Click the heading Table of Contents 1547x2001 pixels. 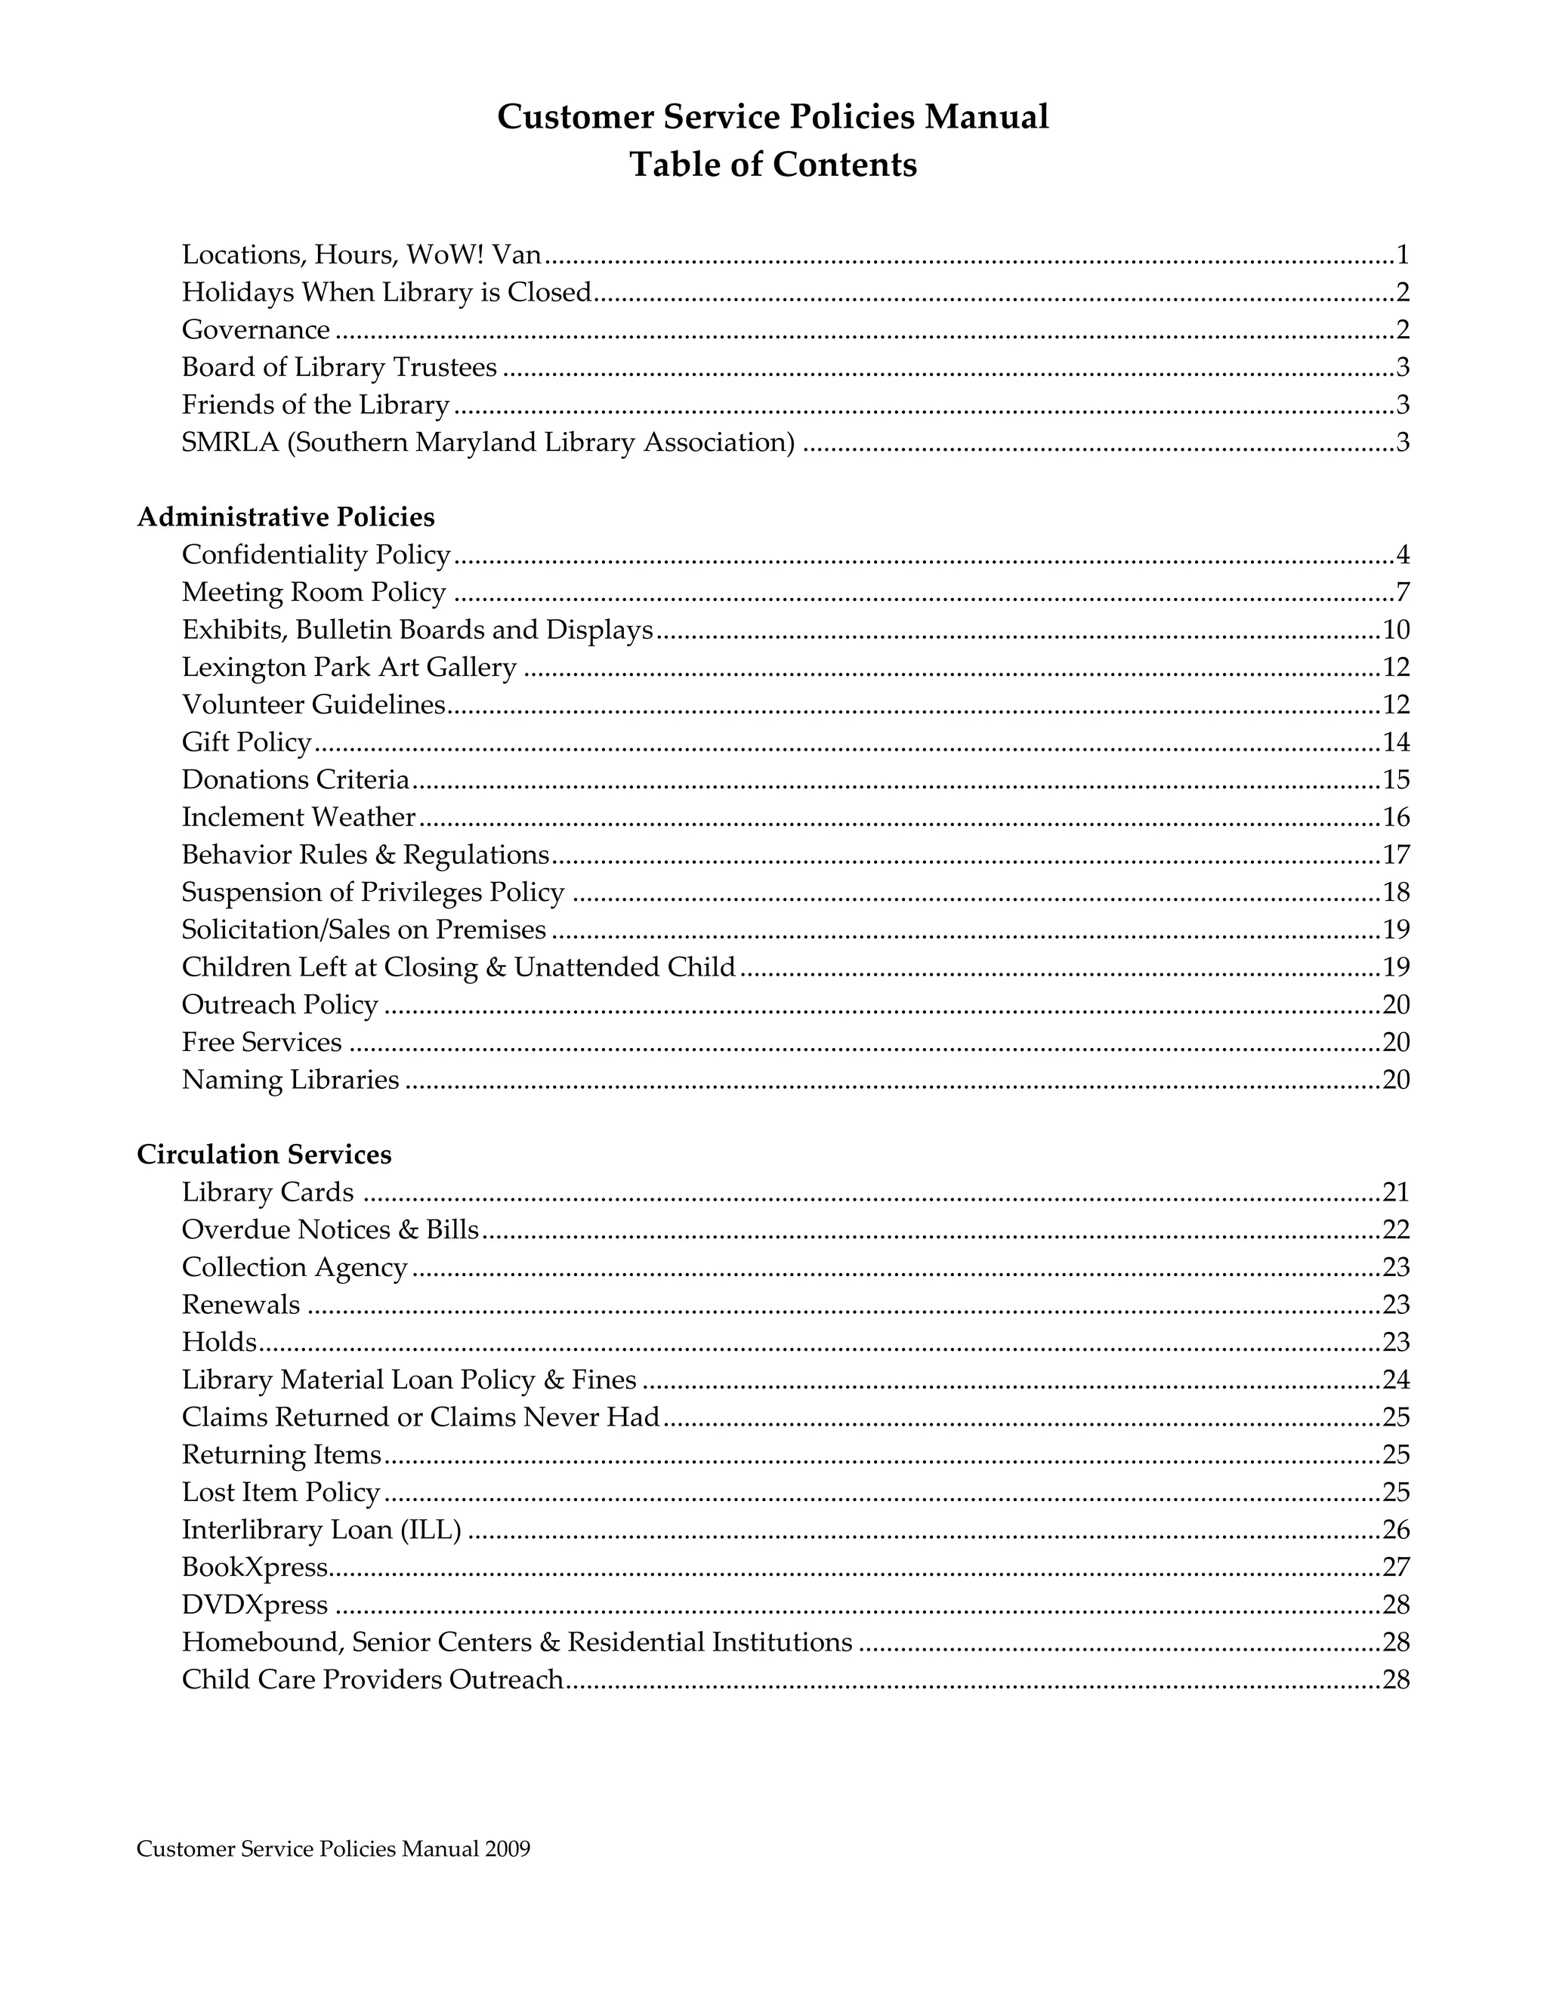773,165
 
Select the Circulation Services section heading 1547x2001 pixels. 264,1154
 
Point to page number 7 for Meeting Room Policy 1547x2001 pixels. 1402,593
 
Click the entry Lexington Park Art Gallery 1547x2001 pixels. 348,667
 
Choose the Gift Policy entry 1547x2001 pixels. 246,742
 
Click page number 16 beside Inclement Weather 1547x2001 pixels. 1395,817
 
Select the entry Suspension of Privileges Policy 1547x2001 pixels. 372,893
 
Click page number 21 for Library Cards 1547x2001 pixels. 1395,1192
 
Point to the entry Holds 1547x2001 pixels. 219,1343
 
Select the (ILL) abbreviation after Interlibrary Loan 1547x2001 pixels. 431,1530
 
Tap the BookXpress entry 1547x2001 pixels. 254,1568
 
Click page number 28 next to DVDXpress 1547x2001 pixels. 1395,1605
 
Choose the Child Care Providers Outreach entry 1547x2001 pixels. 372,1679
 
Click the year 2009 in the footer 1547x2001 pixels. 508,1849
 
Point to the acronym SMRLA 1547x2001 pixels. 229,442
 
